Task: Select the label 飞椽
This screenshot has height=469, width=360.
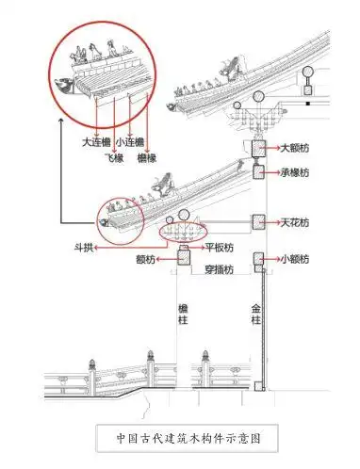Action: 113,158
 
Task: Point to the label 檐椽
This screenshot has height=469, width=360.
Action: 146,158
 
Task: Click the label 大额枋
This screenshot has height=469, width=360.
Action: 295,148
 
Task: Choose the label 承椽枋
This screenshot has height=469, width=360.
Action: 295,174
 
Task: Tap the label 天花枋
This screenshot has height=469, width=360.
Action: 295,222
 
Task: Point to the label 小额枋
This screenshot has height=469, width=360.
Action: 295,257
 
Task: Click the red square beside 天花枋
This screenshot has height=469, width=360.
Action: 257,222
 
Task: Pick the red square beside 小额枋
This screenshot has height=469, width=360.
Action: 257,257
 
